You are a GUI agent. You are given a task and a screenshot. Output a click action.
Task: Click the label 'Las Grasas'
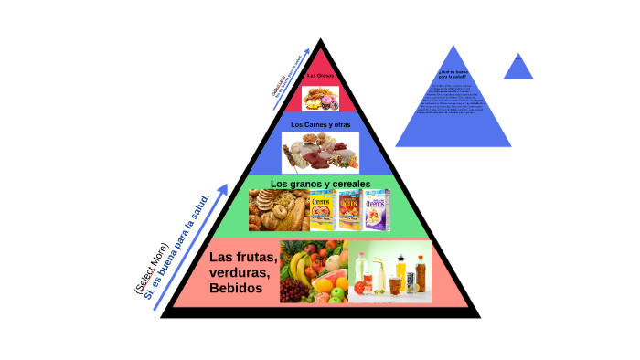320,75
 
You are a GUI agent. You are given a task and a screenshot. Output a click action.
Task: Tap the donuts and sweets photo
321,97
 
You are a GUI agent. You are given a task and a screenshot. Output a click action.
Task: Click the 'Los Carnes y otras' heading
320,124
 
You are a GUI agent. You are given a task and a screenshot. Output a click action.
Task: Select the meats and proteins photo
320,152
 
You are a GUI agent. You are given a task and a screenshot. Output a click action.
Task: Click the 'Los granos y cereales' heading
320,184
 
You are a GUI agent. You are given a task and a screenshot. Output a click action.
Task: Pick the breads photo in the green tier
279,211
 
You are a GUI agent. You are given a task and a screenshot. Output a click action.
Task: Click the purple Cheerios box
377,210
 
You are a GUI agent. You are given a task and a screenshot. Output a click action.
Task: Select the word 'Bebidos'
236,289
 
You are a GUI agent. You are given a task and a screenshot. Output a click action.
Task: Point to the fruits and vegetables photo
314,271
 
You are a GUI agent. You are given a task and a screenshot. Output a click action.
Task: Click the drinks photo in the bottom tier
390,271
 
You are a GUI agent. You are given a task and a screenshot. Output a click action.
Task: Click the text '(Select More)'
152,269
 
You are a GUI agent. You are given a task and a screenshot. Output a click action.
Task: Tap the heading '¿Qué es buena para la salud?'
453,73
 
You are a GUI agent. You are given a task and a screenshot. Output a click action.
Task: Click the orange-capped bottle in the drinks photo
420,271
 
